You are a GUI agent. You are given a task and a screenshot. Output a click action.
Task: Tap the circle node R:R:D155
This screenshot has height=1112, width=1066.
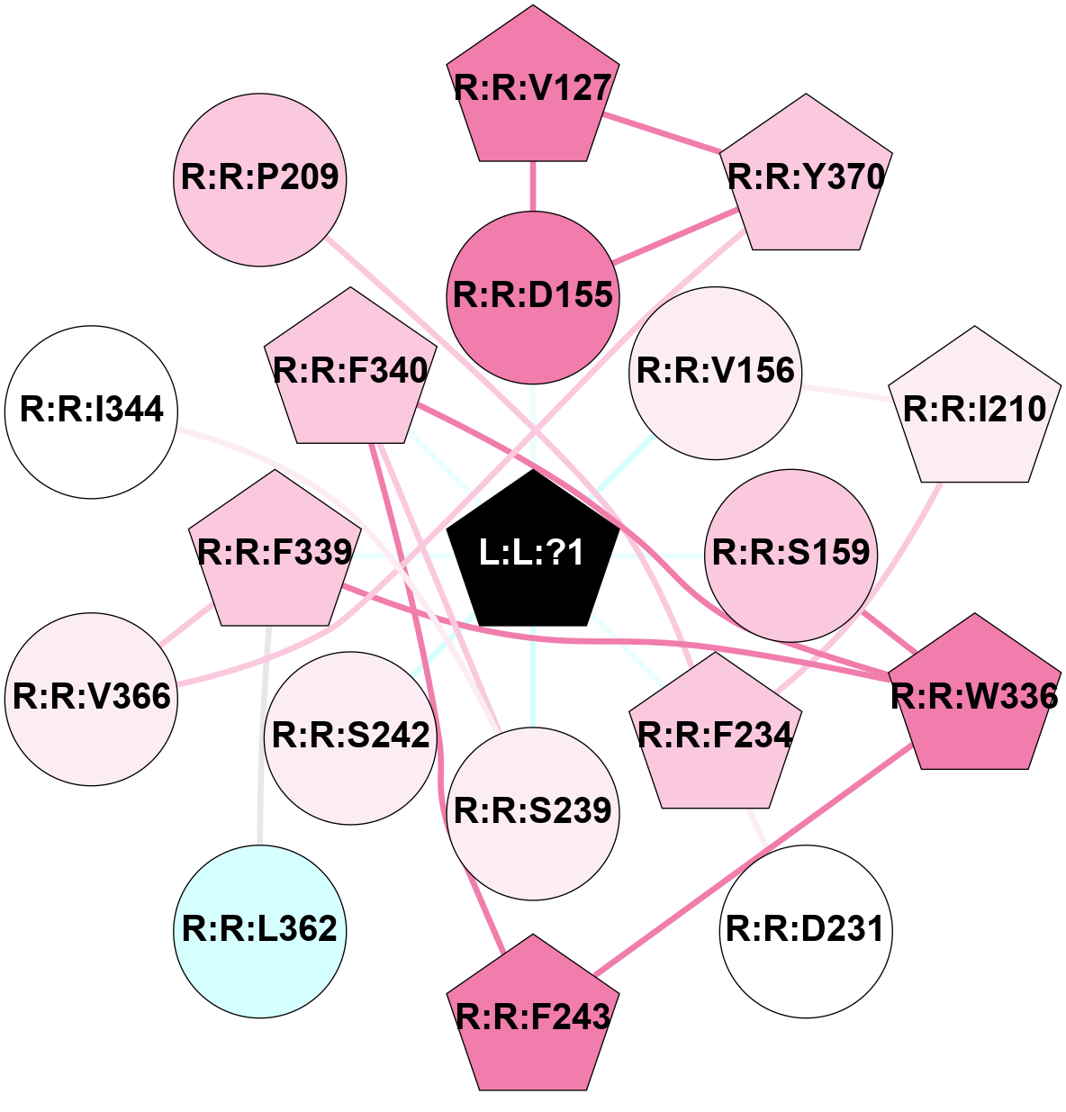click(x=533, y=295)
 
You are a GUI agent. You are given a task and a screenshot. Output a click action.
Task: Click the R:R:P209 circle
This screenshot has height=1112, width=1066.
click(x=260, y=178)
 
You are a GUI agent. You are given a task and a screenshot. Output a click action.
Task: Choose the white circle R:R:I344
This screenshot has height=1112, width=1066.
click(x=92, y=411)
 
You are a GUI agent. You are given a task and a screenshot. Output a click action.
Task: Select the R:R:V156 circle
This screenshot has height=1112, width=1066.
click(x=716, y=372)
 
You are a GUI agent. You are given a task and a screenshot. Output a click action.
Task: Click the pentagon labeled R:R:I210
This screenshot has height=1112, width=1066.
click(x=974, y=410)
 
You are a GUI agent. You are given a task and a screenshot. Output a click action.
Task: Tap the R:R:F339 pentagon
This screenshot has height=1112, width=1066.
click(x=274, y=553)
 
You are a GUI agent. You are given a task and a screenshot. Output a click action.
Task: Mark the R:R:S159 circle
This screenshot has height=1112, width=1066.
click(x=791, y=553)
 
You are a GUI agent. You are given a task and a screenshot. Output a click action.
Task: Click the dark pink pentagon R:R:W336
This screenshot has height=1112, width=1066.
click(x=974, y=696)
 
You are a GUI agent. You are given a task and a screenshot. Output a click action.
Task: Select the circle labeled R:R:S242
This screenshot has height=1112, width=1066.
click(x=351, y=737)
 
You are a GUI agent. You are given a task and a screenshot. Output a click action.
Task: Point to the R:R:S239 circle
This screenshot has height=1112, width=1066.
click(x=533, y=812)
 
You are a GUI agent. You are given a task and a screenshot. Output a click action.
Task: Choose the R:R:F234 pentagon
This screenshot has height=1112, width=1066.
click(x=715, y=735)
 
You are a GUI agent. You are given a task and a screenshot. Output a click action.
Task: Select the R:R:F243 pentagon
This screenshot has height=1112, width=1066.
click(x=533, y=1017)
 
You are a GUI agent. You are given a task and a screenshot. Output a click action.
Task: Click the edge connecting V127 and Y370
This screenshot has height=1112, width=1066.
click(x=663, y=133)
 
